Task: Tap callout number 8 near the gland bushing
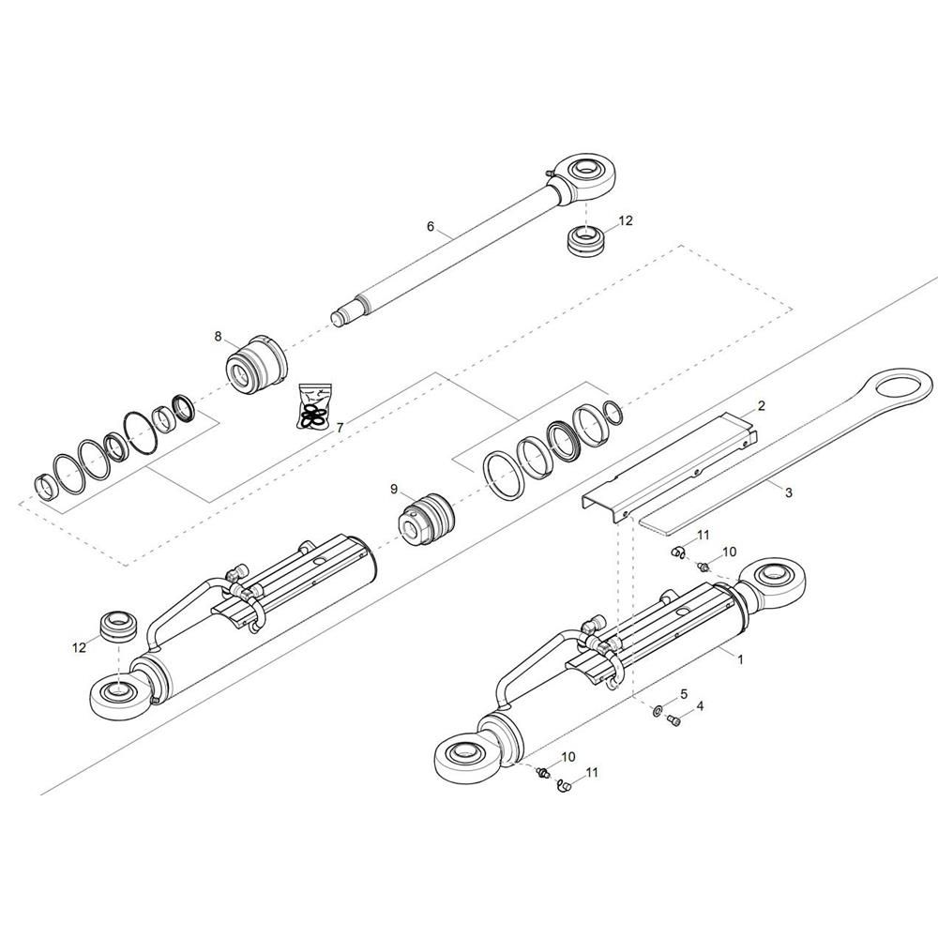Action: tap(218, 336)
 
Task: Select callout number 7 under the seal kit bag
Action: tap(340, 428)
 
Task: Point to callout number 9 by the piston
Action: tap(395, 489)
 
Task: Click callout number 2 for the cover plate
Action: tap(762, 406)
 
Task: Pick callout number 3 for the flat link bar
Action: tap(788, 492)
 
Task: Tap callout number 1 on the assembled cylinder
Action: tap(740, 659)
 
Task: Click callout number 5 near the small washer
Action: tap(684, 693)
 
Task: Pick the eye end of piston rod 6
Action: tap(585, 174)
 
